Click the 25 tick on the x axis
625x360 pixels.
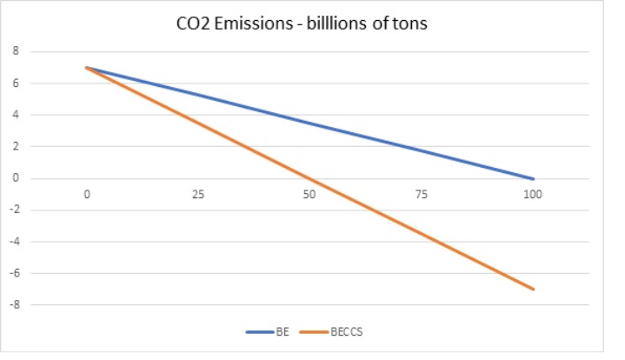point(198,194)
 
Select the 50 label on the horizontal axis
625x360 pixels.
point(309,194)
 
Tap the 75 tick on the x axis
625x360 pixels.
point(422,194)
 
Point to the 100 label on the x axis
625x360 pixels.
point(532,194)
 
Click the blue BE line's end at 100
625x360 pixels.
point(533,178)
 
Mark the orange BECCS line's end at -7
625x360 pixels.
point(533,289)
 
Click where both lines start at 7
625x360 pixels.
point(87,68)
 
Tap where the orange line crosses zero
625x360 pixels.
point(310,178)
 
